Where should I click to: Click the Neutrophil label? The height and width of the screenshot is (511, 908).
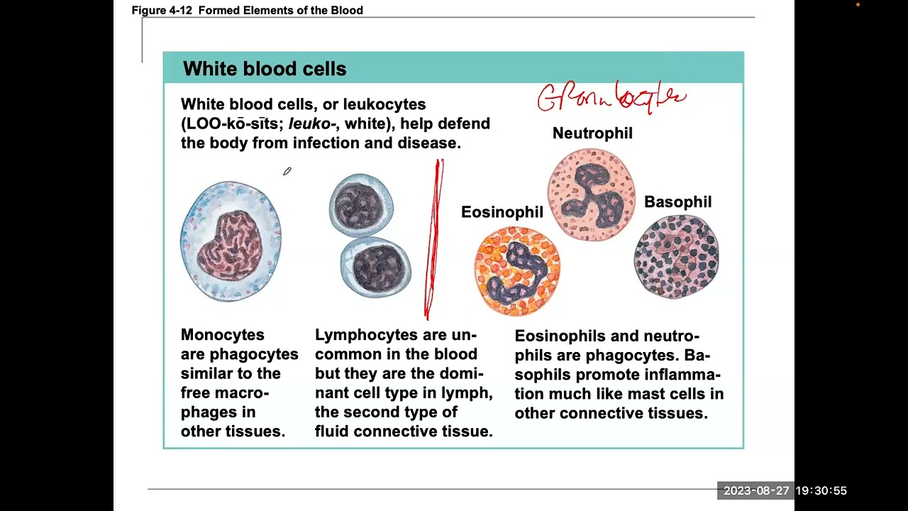592,133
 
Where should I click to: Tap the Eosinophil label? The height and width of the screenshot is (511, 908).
502,212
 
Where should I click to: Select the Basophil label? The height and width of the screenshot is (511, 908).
677,202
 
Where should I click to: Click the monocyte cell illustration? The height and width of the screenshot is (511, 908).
231,241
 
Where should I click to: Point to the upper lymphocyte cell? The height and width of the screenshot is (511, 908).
361,206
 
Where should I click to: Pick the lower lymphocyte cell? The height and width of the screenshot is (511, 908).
375,266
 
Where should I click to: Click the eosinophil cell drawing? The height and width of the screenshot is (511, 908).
517,270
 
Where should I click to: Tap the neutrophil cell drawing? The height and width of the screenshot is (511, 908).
592,194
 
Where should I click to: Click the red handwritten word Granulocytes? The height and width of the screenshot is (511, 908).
611,97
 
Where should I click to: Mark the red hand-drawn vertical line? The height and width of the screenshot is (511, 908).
433,239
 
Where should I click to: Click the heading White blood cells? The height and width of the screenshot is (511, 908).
265,69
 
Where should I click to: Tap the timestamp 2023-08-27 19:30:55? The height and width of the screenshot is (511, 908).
785,490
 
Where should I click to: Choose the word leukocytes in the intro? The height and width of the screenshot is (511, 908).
384,104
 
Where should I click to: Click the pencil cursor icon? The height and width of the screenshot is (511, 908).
287,171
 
